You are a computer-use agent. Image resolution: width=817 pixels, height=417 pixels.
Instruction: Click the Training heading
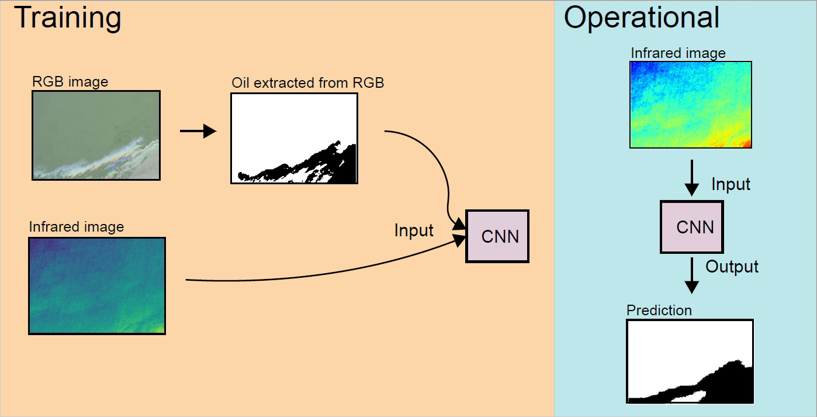click(67, 18)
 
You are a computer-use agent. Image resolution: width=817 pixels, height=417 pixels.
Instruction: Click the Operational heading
click(641, 18)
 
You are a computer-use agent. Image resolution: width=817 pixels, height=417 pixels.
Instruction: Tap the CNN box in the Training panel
click(497, 236)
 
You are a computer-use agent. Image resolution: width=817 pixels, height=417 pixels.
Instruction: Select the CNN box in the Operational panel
click(692, 227)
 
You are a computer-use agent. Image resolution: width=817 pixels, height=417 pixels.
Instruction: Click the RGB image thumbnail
click(96, 135)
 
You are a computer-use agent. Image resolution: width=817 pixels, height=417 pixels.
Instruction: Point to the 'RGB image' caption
click(70, 82)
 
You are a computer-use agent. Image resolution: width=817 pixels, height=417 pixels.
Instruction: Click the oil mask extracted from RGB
click(294, 139)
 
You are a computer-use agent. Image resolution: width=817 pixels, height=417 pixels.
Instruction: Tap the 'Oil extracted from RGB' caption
click(307, 82)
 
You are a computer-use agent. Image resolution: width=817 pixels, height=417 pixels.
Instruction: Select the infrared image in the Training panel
click(97, 285)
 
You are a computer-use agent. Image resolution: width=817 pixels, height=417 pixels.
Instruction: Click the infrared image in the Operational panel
click(690, 105)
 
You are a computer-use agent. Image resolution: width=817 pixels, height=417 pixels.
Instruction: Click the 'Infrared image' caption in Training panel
click(76, 227)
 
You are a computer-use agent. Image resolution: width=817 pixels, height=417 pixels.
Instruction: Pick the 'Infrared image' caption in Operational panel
click(678, 53)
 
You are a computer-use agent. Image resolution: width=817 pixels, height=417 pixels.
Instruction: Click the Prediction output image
click(690, 361)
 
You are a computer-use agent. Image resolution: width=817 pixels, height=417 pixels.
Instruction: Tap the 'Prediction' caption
click(659, 310)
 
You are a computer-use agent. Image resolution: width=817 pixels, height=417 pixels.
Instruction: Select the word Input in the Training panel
click(414, 230)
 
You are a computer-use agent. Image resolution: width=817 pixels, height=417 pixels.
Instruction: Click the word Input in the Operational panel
click(731, 185)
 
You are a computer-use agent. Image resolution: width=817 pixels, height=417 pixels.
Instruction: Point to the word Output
click(732, 267)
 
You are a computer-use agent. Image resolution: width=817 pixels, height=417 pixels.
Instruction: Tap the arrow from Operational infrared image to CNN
click(691, 178)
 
